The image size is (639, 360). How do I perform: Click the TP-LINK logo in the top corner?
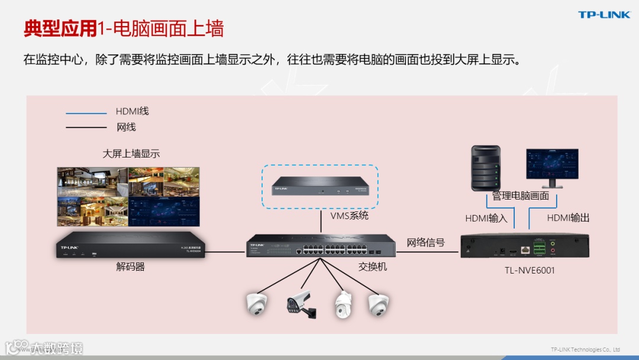coord(604,15)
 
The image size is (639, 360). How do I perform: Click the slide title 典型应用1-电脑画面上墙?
coord(124,28)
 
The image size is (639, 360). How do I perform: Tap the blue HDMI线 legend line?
coord(86,112)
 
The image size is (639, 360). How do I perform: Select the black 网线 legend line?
coord(86,127)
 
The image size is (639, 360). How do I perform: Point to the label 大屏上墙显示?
coord(131,154)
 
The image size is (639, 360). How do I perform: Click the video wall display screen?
coord(128,197)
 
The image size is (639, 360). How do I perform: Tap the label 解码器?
coord(131,267)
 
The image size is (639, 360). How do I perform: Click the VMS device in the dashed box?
coord(320,188)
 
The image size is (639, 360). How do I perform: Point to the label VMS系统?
coord(349,216)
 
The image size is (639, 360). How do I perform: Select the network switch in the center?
coord(321,246)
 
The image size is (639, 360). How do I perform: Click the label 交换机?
coord(373,267)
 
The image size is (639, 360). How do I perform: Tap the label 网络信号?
coord(425,243)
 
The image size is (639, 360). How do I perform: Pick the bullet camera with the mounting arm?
coord(301,304)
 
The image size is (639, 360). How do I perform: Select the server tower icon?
coord(485,169)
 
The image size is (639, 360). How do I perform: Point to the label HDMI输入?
coord(486,218)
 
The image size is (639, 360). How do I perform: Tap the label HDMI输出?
coord(568,218)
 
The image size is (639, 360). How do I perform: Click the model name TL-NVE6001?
coord(530,270)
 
